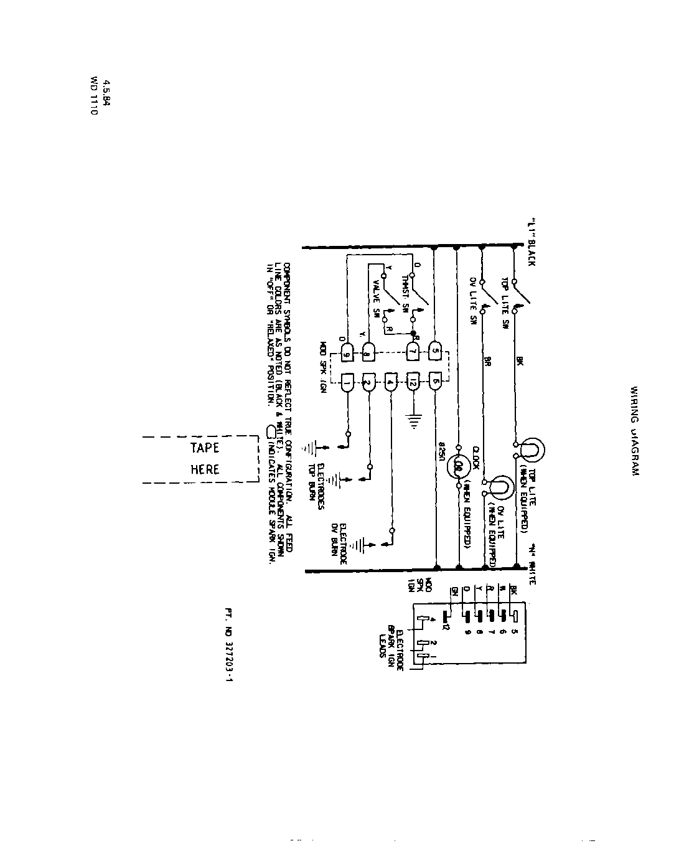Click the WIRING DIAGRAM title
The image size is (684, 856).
[x=634, y=431]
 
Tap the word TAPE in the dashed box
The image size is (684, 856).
[x=205, y=448]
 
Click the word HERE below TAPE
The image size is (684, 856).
[x=205, y=469]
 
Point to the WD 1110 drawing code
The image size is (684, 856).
[x=94, y=99]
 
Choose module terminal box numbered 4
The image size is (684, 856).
[x=390, y=382]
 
